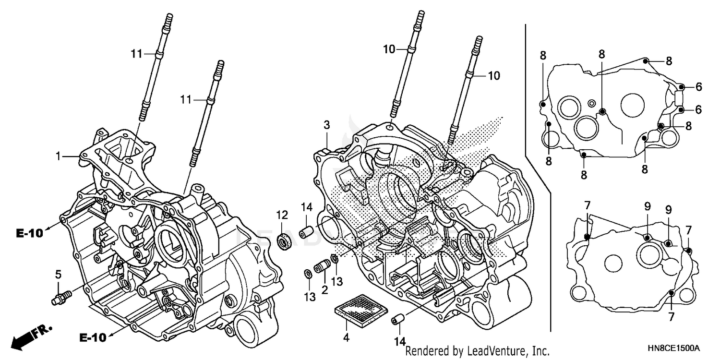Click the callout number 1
[58, 156]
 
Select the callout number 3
[326, 126]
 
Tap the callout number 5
[58, 275]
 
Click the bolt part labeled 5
[60, 297]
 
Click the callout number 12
[282, 214]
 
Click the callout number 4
[346, 338]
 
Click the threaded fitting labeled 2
[323, 265]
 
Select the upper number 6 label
[698, 87]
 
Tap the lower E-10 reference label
[93, 338]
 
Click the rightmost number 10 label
[493, 75]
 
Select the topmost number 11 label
[137, 54]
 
